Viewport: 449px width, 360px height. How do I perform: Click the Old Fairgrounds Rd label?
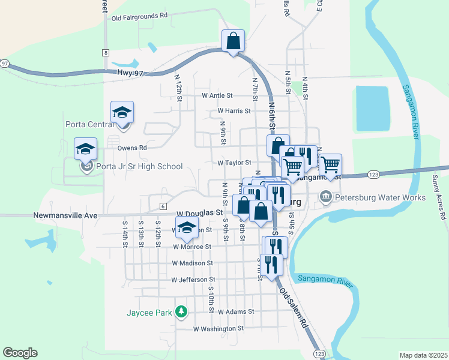[x=139, y=17]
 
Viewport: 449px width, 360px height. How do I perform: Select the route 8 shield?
[x=106, y=53]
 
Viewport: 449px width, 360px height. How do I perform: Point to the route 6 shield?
[x=162, y=206]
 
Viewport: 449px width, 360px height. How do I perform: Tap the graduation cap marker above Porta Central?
[x=122, y=112]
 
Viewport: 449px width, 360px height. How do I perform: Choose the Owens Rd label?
[x=132, y=147]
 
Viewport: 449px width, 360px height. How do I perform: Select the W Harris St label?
[x=234, y=111]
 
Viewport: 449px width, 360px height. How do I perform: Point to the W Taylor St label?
[x=234, y=163]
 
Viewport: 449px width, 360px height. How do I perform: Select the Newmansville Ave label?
[x=65, y=214]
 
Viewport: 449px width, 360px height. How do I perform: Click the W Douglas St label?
[x=199, y=212]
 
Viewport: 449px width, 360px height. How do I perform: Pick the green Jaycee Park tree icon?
[x=181, y=312]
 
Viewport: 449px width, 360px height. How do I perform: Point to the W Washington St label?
[x=218, y=329]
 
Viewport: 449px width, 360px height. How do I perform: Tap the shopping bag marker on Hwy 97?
[x=233, y=42]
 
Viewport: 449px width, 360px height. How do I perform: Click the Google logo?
[x=20, y=353]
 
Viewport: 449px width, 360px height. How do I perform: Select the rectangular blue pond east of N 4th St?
[x=372, y=108]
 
